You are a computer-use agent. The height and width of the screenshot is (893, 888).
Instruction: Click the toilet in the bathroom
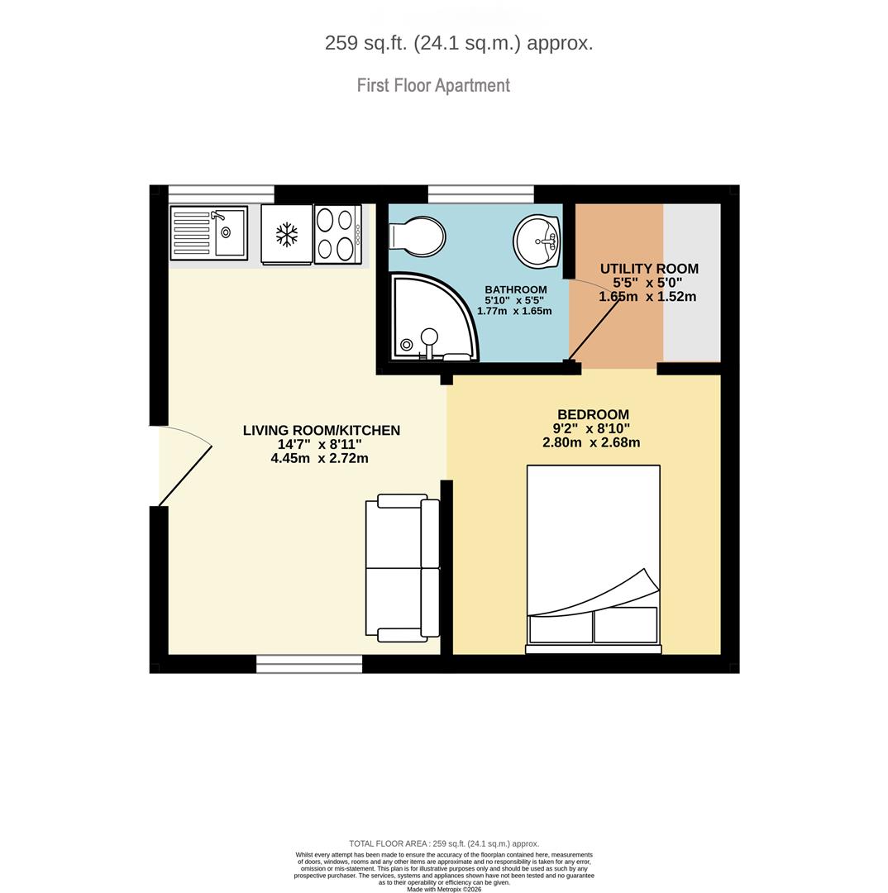click(417, 235)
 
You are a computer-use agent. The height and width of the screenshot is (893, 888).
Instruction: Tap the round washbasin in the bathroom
click(537, 240)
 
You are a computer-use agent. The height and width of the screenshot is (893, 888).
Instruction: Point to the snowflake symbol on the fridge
click(287, 234)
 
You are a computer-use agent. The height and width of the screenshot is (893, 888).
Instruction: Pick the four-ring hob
click(338, 234)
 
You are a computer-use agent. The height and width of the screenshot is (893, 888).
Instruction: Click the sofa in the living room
click(403, 568)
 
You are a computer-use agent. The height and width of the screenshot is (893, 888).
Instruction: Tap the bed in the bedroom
click(594, 559)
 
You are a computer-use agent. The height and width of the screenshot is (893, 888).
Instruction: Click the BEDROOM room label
click(593, 414)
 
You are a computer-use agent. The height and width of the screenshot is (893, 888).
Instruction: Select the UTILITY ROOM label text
click(649, 269)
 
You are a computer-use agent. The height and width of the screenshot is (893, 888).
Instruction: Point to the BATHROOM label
click(515, 289)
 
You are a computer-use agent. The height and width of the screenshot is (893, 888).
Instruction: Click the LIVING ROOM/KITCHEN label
click(322, 431)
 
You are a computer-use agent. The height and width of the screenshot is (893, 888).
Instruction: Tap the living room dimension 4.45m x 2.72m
click(319, 458)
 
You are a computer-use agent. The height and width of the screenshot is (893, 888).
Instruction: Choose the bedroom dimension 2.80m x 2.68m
click(591, 442)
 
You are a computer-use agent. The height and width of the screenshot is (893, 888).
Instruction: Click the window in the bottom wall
click(309, 664)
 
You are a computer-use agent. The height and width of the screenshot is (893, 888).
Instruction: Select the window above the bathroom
click(480, 193)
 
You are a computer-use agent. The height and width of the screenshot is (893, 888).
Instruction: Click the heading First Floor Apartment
click(433, 85)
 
